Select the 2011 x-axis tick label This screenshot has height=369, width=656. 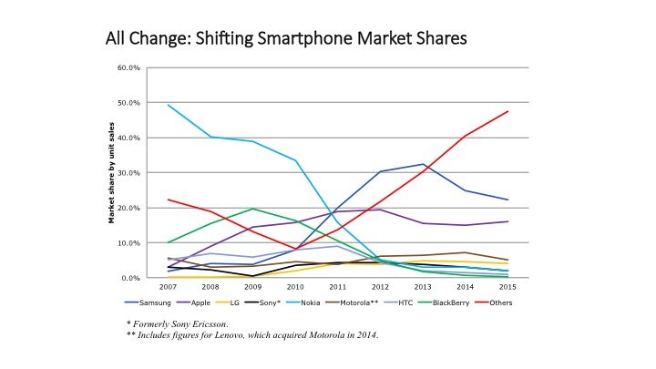point(339,287)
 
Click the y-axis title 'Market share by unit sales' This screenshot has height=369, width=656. point(111,173)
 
